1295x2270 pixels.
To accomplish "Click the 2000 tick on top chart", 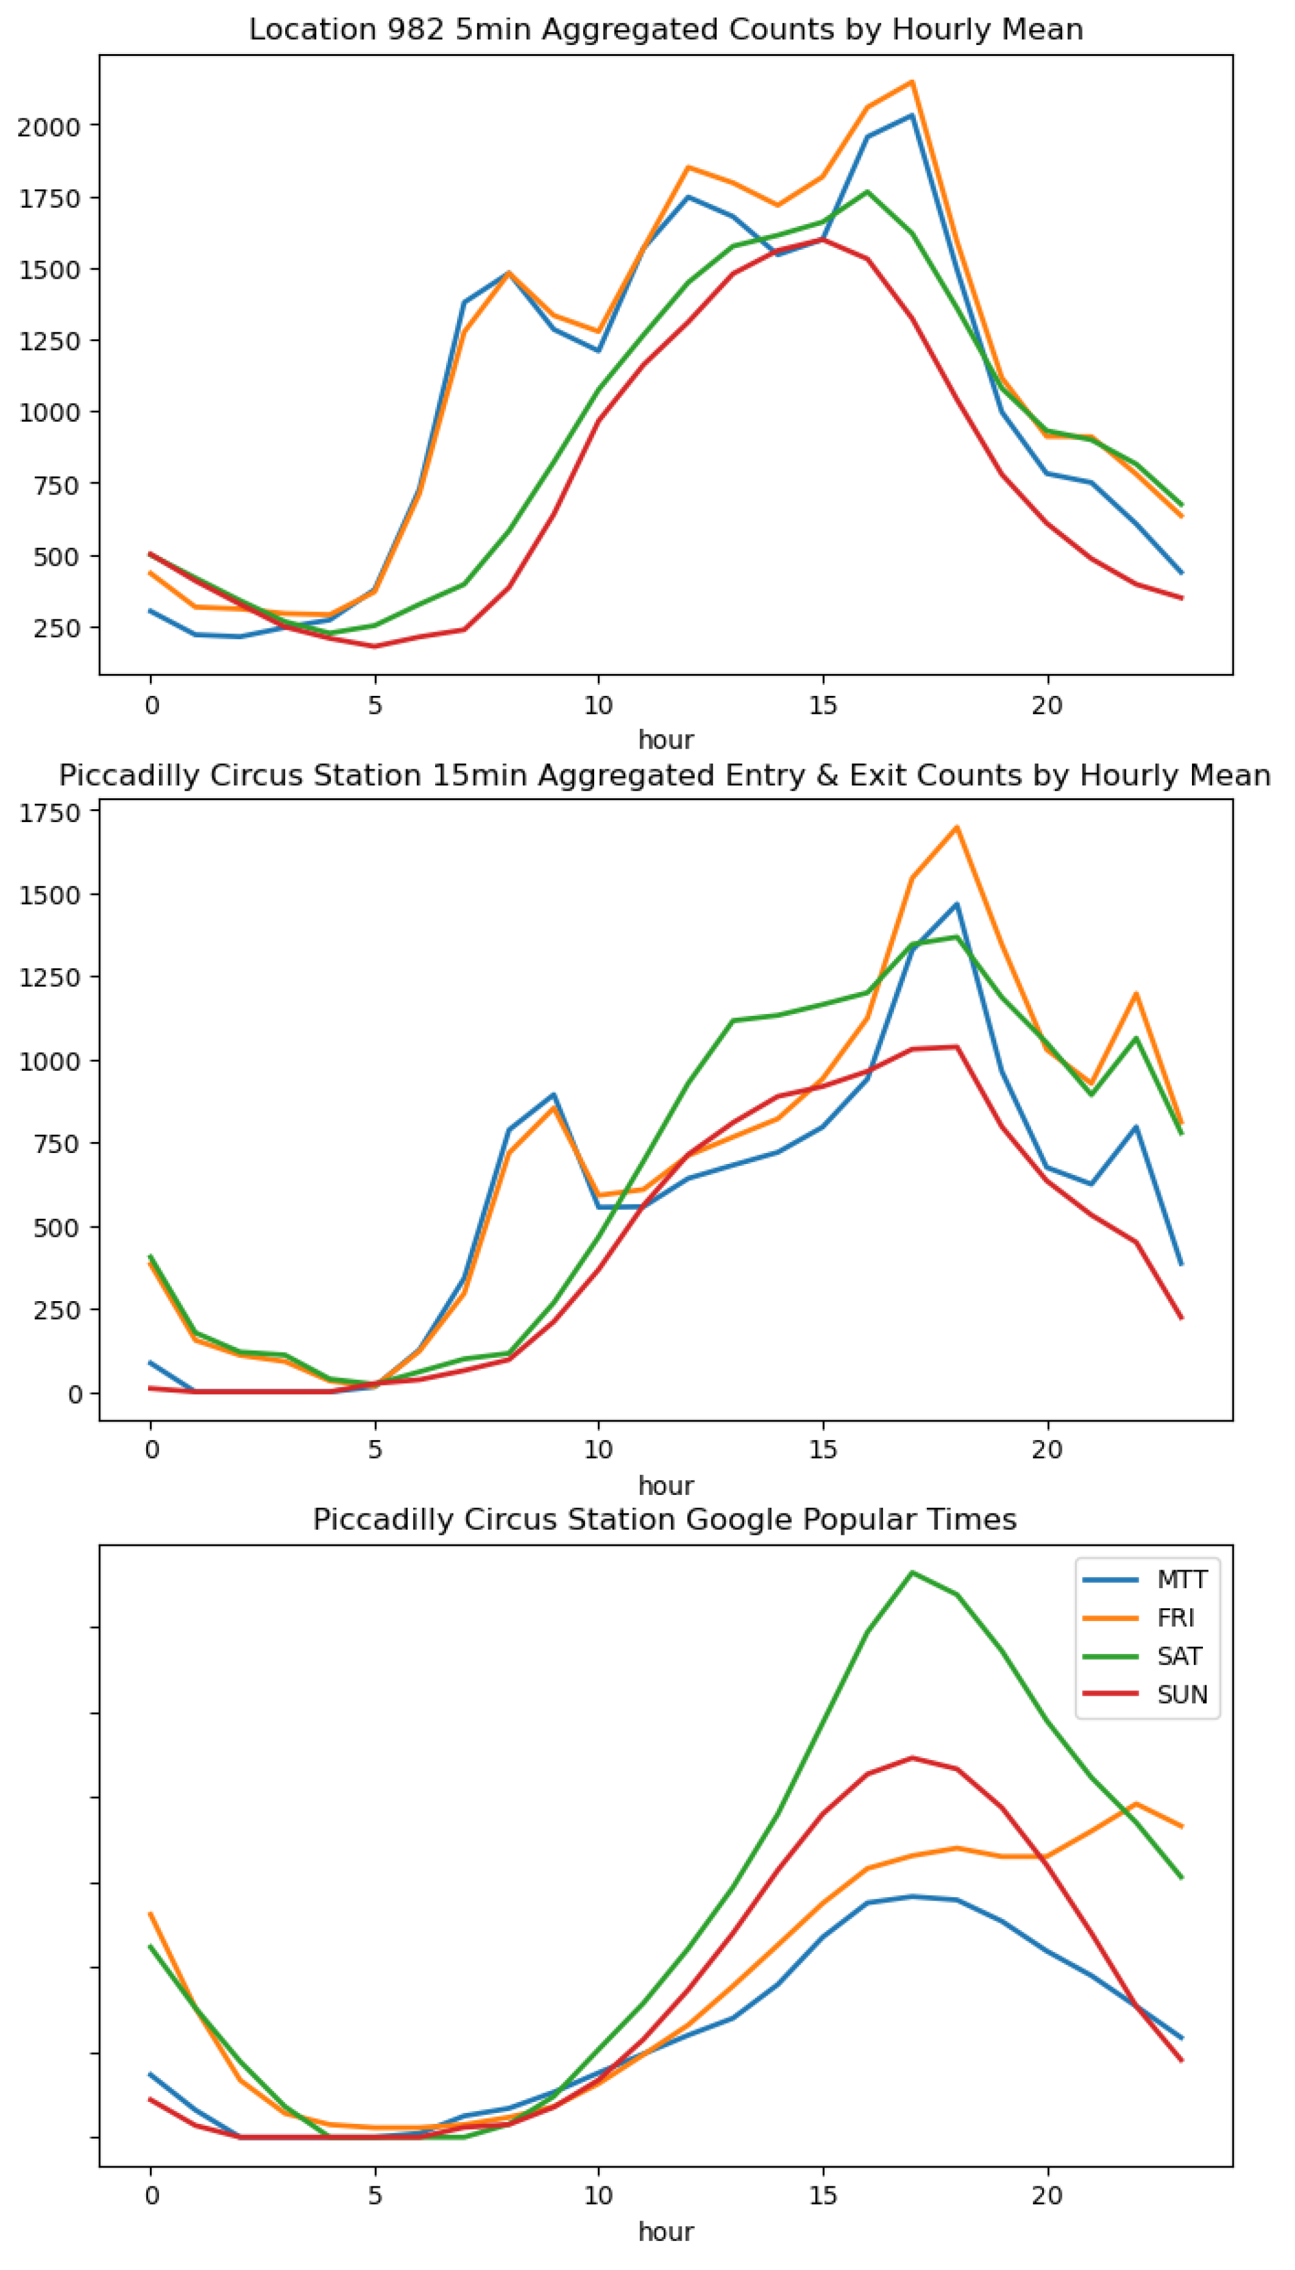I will (49, 126).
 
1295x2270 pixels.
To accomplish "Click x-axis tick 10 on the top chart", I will (598, 706).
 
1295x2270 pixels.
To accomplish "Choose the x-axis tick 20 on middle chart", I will (1047, 1450).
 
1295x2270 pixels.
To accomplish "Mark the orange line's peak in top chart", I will (911, 82).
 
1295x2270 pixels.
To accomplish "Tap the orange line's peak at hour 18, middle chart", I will (957, 827).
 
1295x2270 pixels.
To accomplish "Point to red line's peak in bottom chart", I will (911, 1758).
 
